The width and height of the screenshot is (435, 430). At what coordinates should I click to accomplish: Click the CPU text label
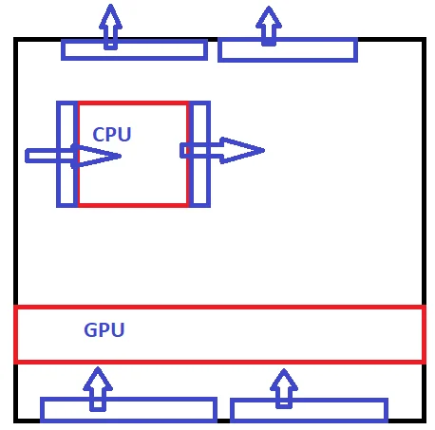click(x=112, y=134)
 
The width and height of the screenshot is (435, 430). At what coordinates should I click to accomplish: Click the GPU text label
click(x=104, y=329)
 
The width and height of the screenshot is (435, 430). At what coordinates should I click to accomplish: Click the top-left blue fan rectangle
click(x=134, y=58)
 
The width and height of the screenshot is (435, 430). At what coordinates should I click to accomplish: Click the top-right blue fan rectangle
click(x=288, y=60)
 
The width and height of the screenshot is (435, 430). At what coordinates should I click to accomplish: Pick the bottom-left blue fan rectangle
click(x=128, y=400)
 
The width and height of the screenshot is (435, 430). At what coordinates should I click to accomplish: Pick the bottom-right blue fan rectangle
click(x=309, y=401)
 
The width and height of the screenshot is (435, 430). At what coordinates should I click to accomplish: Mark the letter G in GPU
click(x=90, y=329)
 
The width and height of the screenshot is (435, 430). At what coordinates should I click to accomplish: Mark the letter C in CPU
click(x=99, y=134)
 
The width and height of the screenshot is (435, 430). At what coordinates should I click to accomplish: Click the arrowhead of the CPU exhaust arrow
click(x=242, y=151)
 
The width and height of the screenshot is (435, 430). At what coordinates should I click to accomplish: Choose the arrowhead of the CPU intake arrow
click(x=97, y=156)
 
